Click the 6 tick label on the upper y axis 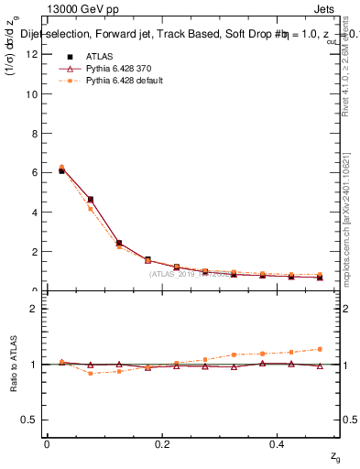pos(35,172)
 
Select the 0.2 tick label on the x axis pos(163,444)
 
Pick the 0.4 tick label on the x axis pos(280,444)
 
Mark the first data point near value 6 pos(61,169)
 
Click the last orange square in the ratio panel pos(320,349)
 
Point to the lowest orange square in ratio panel pos(90,373)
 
